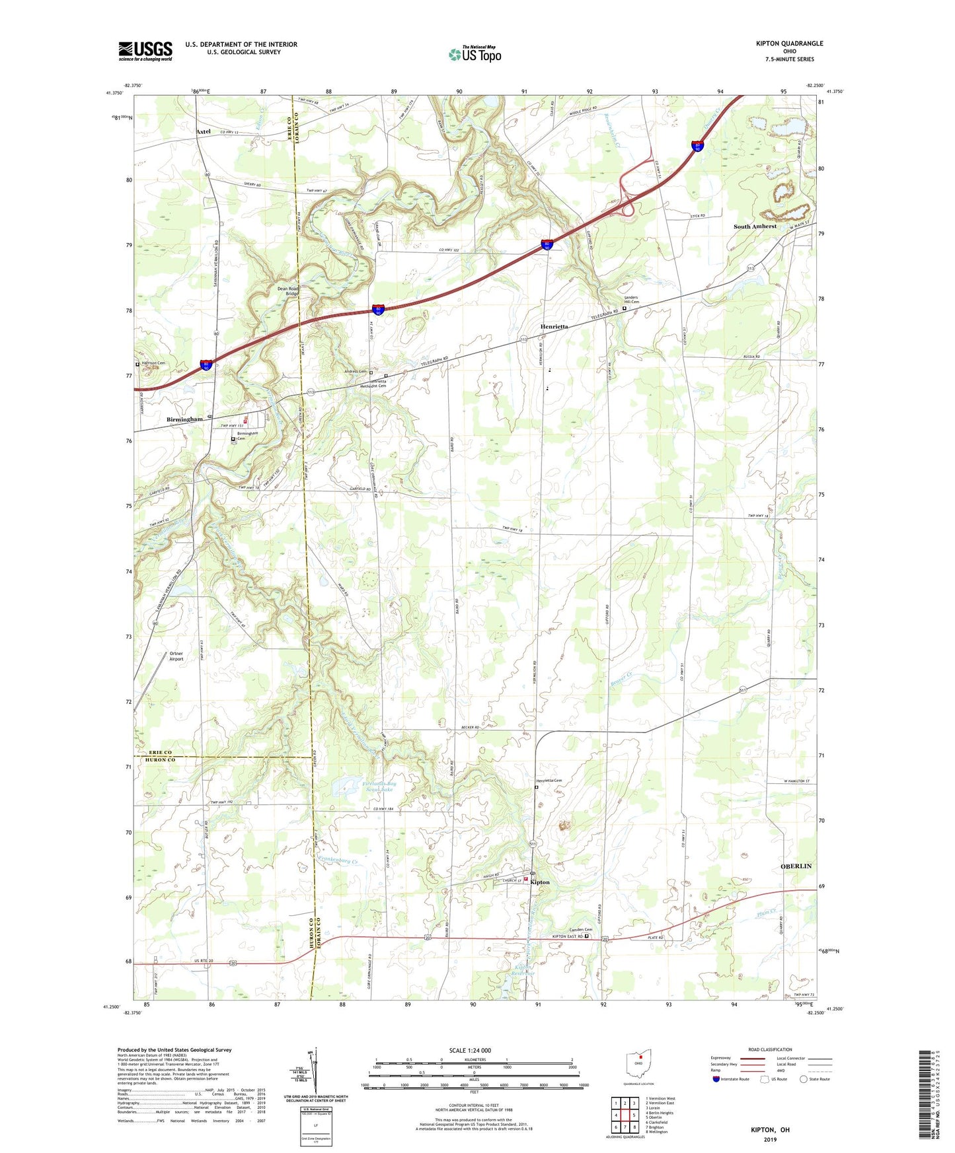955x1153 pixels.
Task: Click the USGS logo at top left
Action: [x=145, y=51]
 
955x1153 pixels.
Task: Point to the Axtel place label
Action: [x=204, y=131]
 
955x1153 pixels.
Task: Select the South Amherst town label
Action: [x=755, y=227]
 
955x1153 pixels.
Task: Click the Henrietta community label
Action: [x=554, y=327]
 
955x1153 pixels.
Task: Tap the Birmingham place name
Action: [x=184, y=419]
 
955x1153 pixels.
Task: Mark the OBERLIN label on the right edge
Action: [x=796, y=866]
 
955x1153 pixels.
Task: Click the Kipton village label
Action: [x=540, y=882]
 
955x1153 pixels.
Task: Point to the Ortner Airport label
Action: [x=176, y=656]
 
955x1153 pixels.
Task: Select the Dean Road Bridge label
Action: [x=288, y=291]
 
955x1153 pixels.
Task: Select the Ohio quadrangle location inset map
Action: [x=639, y=1064]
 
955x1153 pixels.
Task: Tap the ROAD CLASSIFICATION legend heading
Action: [x=770, y=1049]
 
